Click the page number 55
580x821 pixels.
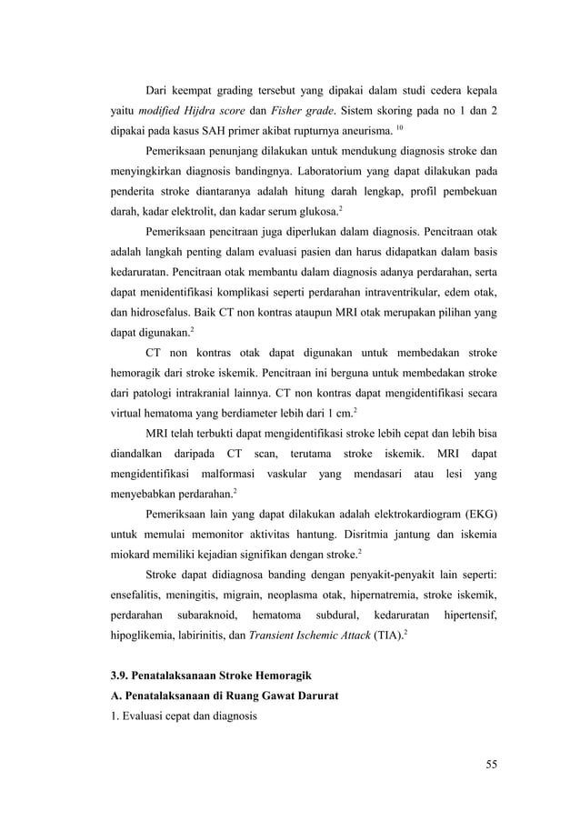click(491, 763)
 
